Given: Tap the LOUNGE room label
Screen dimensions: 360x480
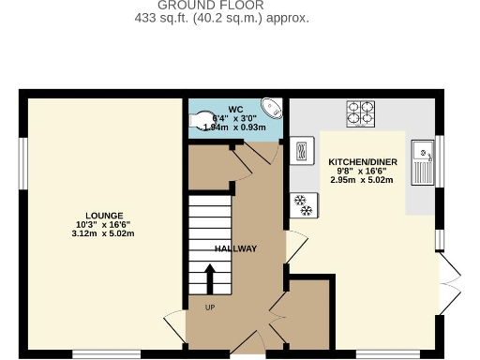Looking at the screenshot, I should tap(103, 216).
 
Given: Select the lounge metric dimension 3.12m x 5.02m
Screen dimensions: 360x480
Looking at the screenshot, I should tap(103, 233).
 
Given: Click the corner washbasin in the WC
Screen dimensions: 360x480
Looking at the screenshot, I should tap(271, 107).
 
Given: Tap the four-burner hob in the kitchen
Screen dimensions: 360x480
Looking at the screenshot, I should tap(360, 113).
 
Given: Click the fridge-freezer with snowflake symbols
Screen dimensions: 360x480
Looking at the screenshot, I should tap(301, 203).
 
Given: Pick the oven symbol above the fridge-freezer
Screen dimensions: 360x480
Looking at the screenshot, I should tap(302, 150).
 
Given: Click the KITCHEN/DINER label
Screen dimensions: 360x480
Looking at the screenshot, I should tap(362, 161).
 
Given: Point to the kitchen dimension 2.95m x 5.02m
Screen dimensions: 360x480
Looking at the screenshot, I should tap(362, 179).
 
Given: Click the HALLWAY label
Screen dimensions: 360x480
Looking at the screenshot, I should tap(235, 248).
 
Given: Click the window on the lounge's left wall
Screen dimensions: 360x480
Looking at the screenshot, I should tap(23, 163).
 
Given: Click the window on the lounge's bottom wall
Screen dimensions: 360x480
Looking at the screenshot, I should tap(106, 354).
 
